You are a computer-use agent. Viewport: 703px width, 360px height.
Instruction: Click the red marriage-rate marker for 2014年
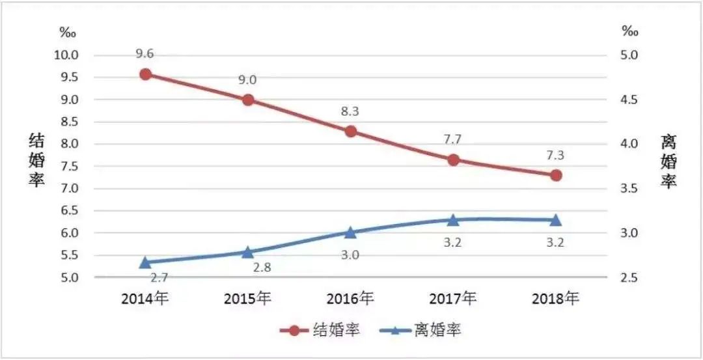pos(146,74)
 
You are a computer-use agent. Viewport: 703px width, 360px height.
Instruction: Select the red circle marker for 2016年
pos(351,132)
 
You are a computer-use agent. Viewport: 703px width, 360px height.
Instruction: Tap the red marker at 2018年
pos(555,176)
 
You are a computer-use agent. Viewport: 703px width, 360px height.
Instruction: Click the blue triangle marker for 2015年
pos(248,251)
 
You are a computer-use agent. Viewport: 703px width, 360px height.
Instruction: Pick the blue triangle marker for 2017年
pos(453,220)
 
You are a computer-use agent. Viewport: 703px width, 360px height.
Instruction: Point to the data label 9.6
pos(145,54)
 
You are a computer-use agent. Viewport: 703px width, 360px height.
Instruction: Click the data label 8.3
pos(350,111)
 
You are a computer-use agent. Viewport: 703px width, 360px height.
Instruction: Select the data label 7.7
pos(453,139)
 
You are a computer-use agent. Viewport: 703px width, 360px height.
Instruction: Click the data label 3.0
pos(350,255)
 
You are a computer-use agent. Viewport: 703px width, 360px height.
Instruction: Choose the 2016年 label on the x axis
pos(350,299)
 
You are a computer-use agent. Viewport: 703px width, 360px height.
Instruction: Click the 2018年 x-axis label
pos(555,299)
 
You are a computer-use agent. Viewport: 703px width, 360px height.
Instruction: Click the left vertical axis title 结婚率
pos(36,160)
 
